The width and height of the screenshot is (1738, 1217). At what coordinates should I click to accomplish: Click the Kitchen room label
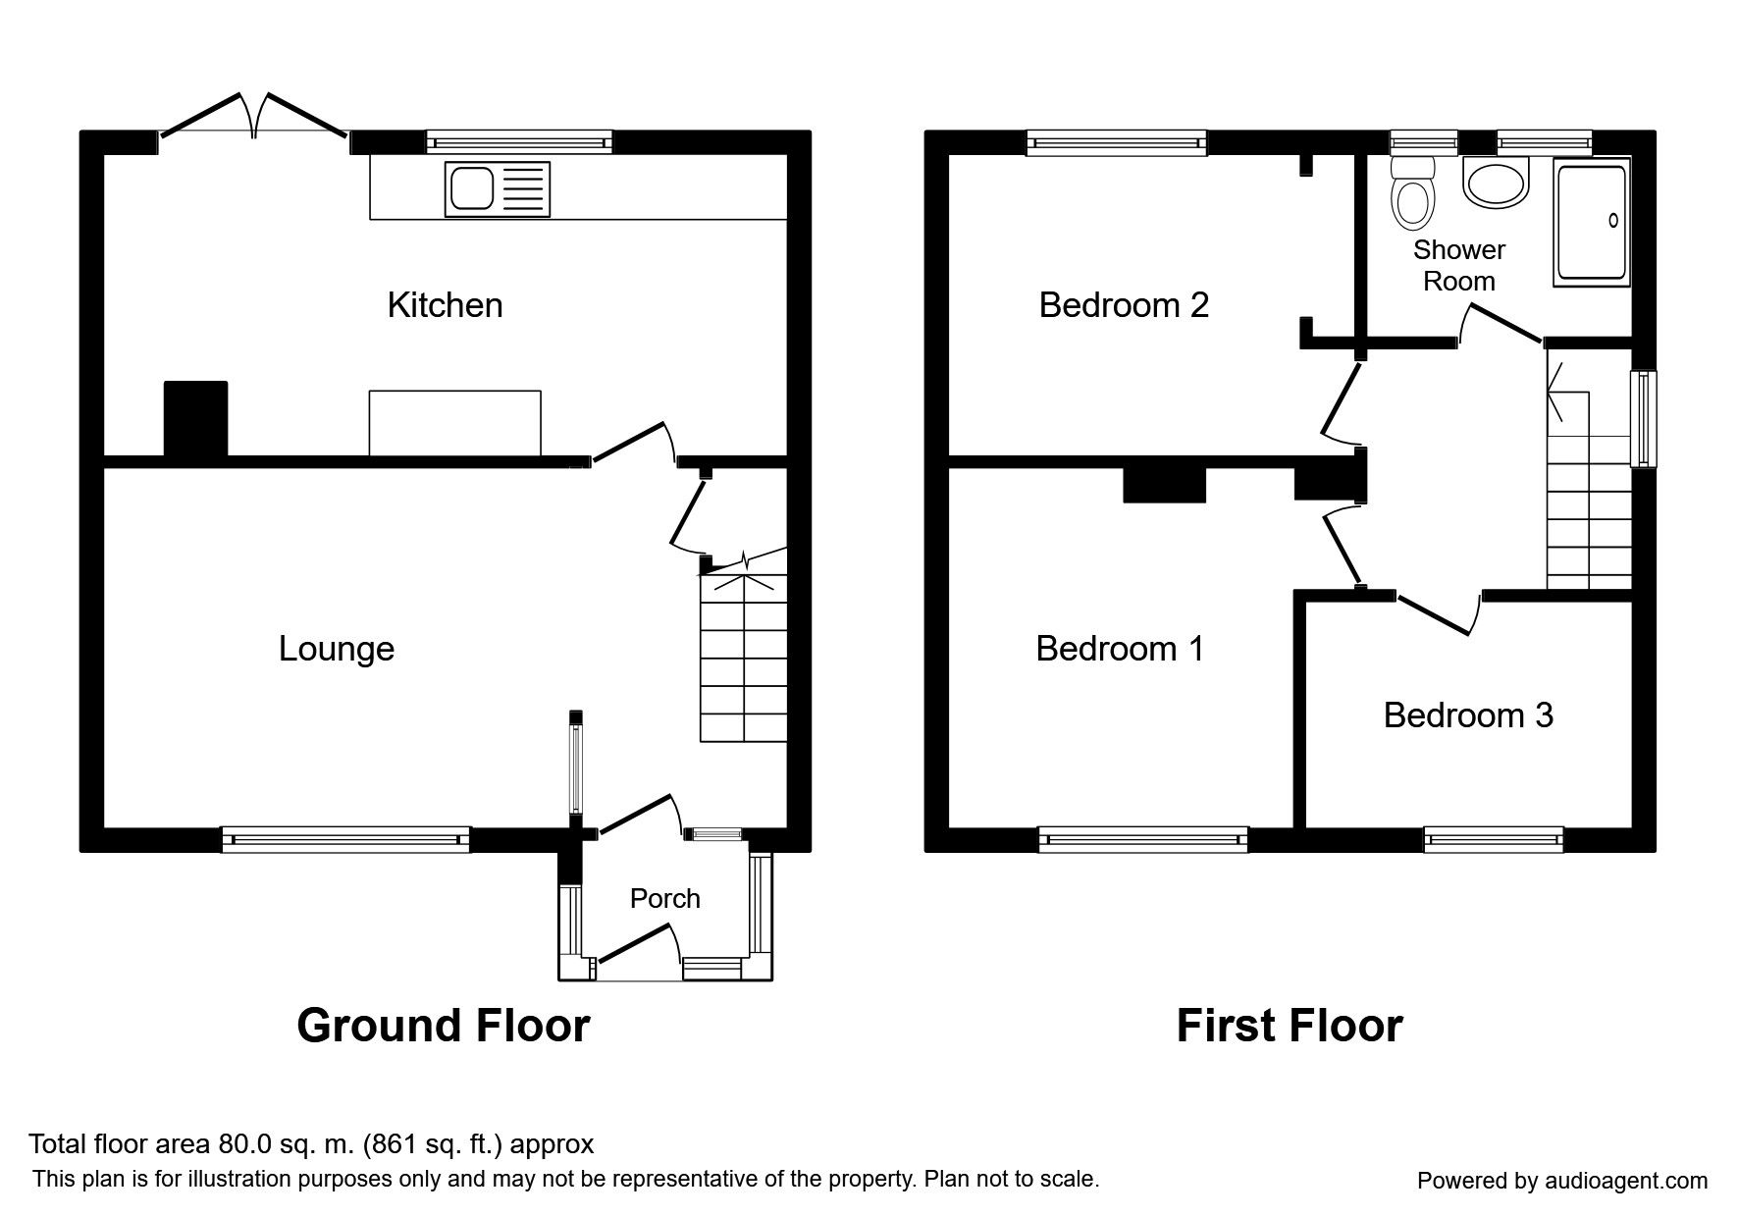(445, 305)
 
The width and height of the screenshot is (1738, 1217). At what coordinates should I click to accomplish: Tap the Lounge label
(337, 649)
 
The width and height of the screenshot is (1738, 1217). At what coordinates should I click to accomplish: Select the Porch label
(665, 898)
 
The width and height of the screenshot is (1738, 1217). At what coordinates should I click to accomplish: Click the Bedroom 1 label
(1120, 649)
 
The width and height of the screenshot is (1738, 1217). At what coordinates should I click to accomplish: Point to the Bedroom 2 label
(1124, 305)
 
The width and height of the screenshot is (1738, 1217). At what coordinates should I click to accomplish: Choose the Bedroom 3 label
(1468, 715)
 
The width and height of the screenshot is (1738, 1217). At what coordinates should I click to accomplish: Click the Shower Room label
(1459, 265)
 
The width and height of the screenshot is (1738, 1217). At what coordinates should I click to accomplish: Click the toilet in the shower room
(1412, 196)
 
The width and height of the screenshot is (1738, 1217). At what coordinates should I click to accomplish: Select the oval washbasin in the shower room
(1496, 184)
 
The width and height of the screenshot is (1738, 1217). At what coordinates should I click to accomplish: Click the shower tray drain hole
(1612, 221)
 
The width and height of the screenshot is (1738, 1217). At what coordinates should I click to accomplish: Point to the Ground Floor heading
(443, 1026)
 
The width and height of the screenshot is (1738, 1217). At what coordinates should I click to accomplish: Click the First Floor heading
(1290, 1026)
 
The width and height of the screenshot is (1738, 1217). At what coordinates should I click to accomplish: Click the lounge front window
(345, 839)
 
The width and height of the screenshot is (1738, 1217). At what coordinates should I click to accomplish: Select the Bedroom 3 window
(1494, 839)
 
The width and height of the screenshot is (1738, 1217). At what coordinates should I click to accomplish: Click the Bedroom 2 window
(1117, 143)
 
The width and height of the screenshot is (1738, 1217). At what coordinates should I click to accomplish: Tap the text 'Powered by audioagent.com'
(1562, 1181)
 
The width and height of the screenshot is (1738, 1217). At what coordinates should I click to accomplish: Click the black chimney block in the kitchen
(196, 419)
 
